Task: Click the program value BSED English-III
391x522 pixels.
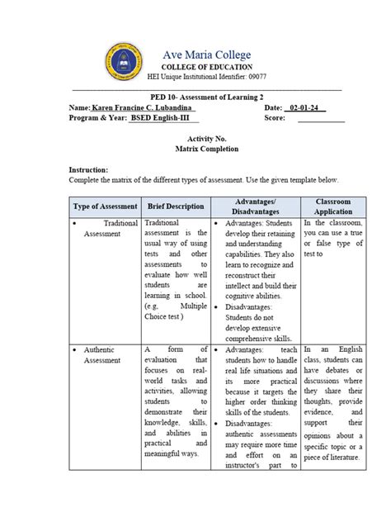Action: tap(163, 119)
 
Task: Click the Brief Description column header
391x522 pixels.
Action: tap(176, 206)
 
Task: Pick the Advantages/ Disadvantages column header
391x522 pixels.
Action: tap(255, 206)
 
